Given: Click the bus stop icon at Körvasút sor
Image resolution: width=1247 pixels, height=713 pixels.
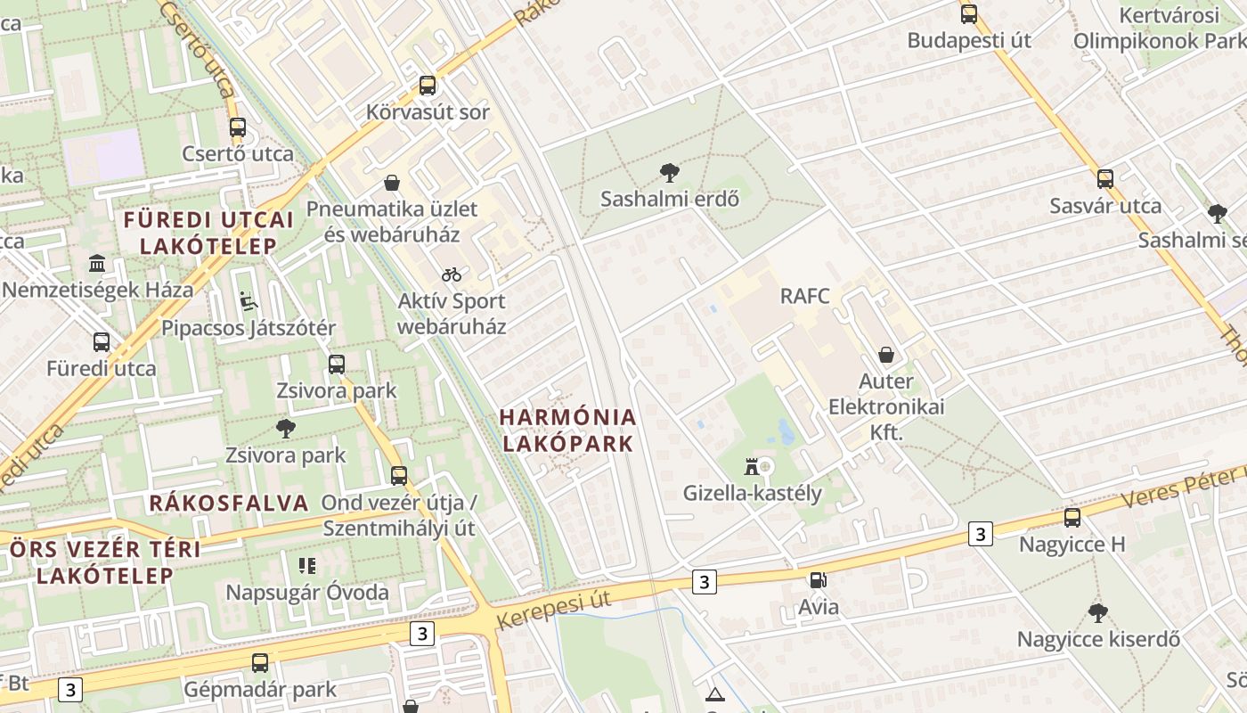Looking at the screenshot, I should [x=428, y=86].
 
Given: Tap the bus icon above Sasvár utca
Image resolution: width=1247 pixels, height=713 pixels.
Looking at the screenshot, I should [x=1105, y=179].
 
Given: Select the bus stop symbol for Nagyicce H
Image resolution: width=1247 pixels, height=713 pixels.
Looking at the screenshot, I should [x=1072, y=518].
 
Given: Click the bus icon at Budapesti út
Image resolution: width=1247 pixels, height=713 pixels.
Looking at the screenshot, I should [x=969, y=14].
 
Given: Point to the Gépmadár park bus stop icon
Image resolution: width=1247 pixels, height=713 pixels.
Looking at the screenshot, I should [x=260, y=663].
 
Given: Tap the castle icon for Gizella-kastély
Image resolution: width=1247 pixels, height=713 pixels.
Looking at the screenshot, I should [x=752, y=466].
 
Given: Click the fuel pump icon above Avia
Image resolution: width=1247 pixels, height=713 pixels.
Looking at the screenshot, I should [x=818, y=580].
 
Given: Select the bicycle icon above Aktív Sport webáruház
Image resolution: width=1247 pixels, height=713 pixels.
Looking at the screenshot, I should [x=452, y=275].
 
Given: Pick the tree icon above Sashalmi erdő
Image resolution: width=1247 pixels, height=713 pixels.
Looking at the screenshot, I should [x=669, y=172].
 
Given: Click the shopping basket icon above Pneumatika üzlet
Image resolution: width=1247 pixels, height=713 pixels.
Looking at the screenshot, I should [x=392, y=183].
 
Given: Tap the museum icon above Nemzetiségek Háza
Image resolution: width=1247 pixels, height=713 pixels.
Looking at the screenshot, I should [x=97, y=264].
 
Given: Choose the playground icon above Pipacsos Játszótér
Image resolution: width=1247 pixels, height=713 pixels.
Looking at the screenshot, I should [x=249, y=301].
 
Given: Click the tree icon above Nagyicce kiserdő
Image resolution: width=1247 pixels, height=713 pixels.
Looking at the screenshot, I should [x=1098, y=613].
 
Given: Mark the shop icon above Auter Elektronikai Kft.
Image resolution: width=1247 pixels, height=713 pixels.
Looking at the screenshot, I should [x=886, y=355].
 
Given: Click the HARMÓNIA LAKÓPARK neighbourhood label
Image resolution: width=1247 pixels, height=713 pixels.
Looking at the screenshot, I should [x=567, y=430].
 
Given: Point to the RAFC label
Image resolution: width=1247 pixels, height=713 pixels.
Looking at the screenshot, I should [x=804, y=296].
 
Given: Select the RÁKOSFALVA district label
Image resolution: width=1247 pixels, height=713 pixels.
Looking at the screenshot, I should [x=229, y=503].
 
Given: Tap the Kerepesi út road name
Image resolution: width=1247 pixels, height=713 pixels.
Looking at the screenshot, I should [x=553, y=610].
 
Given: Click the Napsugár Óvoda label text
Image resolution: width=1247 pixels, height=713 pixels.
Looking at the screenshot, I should [x=306, y=593].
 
